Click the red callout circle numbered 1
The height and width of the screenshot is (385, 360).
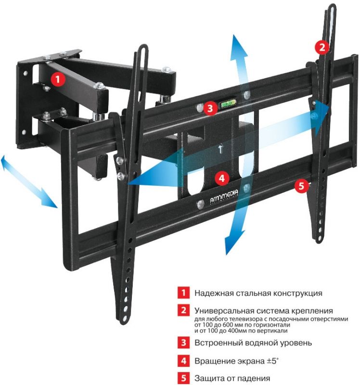(x=58, y=79)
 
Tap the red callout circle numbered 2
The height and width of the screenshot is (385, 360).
(x=321, y=47)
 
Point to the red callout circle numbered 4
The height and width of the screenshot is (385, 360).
(x=221, y=178)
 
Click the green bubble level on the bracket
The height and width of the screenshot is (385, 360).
(x=228, y=105)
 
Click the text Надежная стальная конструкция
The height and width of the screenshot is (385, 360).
(x=258, y=293)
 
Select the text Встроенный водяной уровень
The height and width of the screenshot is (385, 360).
(x=253, y=343)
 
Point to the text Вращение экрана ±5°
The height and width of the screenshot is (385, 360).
(x=236, y=360)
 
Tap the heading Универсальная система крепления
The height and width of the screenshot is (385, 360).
(x=264, y=310)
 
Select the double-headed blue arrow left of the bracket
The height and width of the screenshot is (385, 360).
(x=27, y=181)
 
